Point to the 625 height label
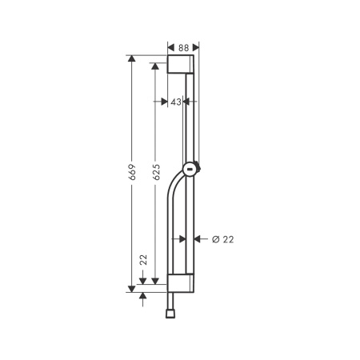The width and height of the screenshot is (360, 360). (x=157, y=171)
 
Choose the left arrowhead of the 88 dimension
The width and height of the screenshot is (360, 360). (x=171, y=47)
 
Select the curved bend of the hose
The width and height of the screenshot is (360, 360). (x=172, y=192)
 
